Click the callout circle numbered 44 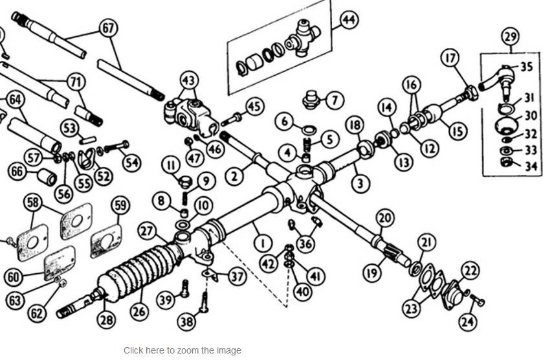pos(349,20)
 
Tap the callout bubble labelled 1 pos(263,243)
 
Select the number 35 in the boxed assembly pos(526,67)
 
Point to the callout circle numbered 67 pos(108,28)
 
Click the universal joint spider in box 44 pos(304,38)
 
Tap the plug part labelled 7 pos(311,100)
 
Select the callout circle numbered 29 pos(511,36)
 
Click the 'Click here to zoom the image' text pos(183,350)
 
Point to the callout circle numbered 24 pos(468,322)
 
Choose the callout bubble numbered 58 pos(33,202)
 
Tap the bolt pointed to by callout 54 pos(116,147)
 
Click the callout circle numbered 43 pos(189,80)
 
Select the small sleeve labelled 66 pos(47,177)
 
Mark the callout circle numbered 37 pos(238,276)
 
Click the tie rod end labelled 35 pos(496,78)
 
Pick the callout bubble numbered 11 pos(171,165)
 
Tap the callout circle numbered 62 pos(37,313)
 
